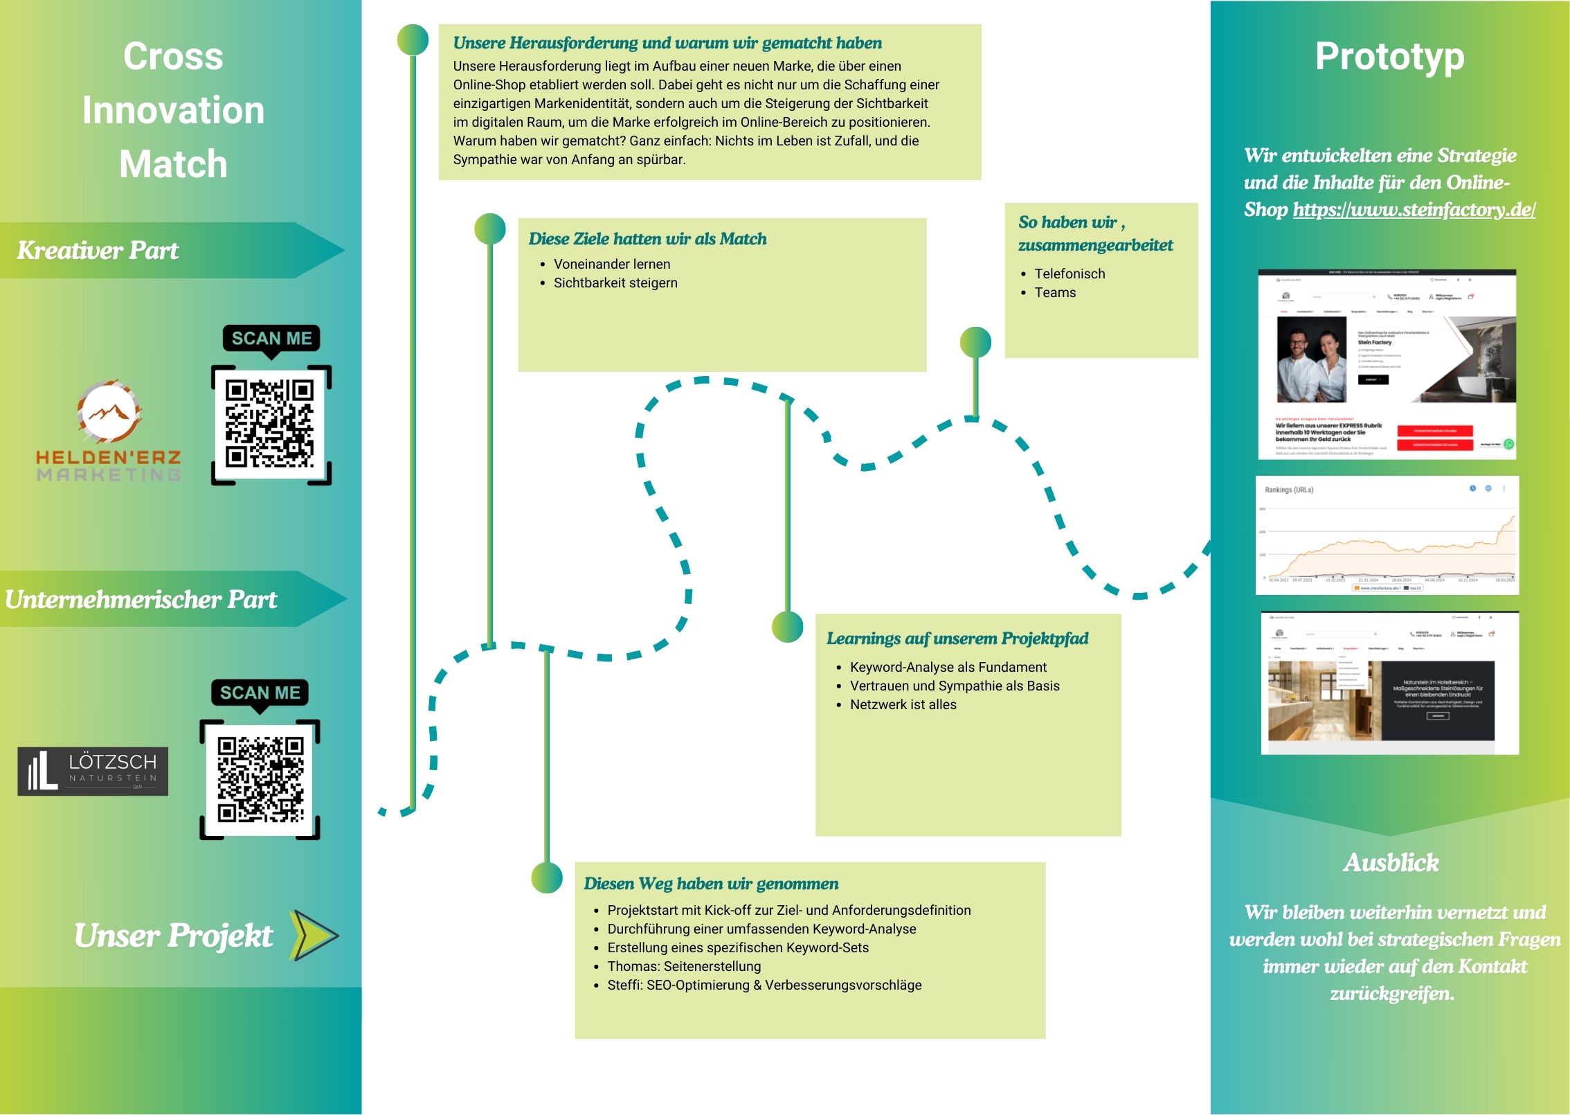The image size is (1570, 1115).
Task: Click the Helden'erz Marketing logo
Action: pyautogui.click(x=109, y=429)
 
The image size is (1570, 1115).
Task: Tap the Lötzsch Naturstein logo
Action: pyautogui.click(x=93, y=771)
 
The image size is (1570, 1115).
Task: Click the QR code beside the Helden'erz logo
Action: pyautogui.click(x=271, y=425)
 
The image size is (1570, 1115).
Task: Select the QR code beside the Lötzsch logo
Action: pyautogui.click(x=260, y=780)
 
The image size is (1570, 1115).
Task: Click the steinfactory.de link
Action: pyautogui.click(x=1414, y=210)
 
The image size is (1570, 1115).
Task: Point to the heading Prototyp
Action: pyautogui.click(x=1389, y=57)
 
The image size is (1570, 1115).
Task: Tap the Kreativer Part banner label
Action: pyautogui.click(x=98, y=251)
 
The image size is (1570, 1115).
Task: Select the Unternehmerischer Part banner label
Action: pyautogui.click(x=141, y=600)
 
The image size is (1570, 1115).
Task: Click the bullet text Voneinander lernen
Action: pyautogui.click(x=612, y=264)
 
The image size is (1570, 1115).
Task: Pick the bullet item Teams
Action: pyautogui.click(x=1055, y=292)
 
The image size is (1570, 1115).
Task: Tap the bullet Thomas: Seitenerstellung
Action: pyautogui.click(x=684, y=966)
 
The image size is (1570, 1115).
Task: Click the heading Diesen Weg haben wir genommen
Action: pyautogui.click(x=711, y=884)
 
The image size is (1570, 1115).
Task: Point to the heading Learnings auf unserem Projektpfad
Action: pyautogui.click(x=957, y=639)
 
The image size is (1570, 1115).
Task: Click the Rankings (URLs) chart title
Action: pyautogui.click(x=1289, y=490)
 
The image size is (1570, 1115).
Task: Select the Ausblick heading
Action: pyautogui.click(x=1391, y=863)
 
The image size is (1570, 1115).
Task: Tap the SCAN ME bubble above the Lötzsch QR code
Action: pyautogui.click(x=260, y=693)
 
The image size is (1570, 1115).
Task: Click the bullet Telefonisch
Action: pyautogui.click(x=1070, y=274)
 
